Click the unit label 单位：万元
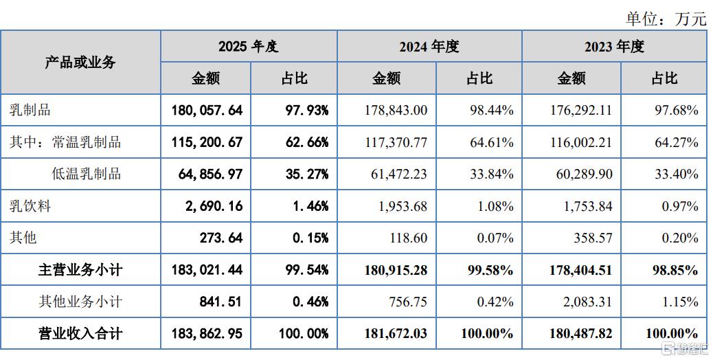coord(666,19)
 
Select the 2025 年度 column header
coord(248,46)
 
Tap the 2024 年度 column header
coord(429,46)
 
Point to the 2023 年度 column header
coord(614,46)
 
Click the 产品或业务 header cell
coord(80,63)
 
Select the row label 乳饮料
coord(30,206)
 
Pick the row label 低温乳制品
coord(87,174)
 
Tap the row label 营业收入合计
coord(80,334)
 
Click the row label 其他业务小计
coord(80,302)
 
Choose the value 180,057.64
coord(207,110)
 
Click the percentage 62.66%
coord(307,142)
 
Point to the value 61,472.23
coord(399,174)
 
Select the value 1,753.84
coord(588,206)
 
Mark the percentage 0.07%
coord(495,238)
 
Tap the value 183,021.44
coord(207,270)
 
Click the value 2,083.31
coord(587,302)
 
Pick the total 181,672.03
coord(396,334)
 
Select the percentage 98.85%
coord(676,270)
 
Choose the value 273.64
coord(221,238)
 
